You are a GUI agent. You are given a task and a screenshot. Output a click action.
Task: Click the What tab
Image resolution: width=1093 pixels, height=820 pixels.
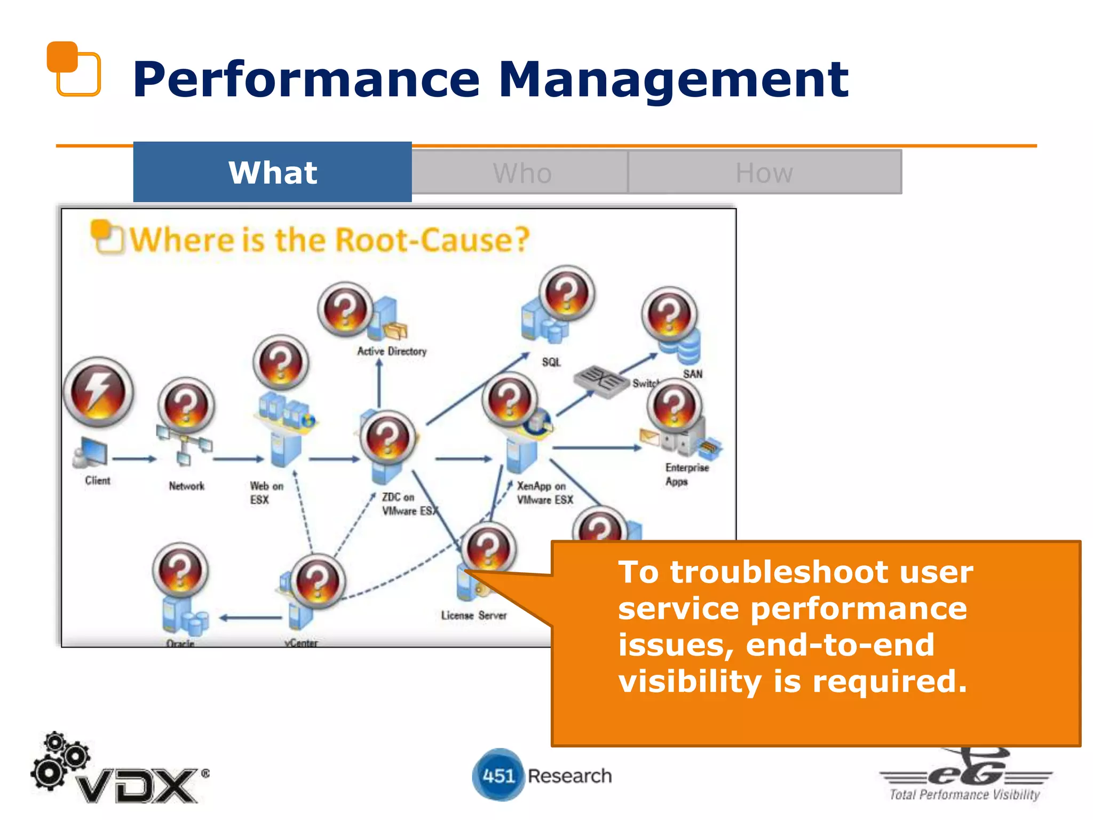(272, 172)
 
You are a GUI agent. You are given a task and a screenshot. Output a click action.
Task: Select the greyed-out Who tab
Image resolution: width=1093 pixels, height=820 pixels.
(521, 173)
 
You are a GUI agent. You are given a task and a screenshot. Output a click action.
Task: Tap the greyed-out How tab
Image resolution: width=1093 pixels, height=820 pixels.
(764, 173)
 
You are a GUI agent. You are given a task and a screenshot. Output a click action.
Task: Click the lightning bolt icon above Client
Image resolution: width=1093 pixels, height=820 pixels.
(98, 392)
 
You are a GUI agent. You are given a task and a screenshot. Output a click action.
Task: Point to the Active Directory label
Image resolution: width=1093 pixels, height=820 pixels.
(392, 351)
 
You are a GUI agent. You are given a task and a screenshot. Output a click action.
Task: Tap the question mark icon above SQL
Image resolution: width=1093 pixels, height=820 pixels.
(567, 293)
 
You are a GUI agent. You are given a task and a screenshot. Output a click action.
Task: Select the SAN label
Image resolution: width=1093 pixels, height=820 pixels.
(692, 374)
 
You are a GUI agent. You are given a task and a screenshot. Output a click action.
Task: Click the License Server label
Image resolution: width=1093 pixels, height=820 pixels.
(473, 615)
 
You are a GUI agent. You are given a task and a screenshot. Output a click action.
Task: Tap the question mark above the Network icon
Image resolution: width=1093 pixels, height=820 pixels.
(186, 406)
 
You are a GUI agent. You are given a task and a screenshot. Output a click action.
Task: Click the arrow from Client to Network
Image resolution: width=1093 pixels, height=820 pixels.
(134, 459)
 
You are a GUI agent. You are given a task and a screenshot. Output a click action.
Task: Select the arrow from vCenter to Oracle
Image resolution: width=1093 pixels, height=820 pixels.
(251, 618)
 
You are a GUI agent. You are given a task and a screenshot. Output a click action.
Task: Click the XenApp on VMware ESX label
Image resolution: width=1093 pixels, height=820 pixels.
(544, 493)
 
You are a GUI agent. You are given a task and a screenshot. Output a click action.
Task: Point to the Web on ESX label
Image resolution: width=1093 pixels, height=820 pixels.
(266, 493)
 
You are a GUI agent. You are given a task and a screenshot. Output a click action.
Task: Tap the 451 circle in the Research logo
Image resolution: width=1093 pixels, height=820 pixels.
(498, 775)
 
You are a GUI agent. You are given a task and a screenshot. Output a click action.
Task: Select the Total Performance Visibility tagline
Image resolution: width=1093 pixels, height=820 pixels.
(964, 794)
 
